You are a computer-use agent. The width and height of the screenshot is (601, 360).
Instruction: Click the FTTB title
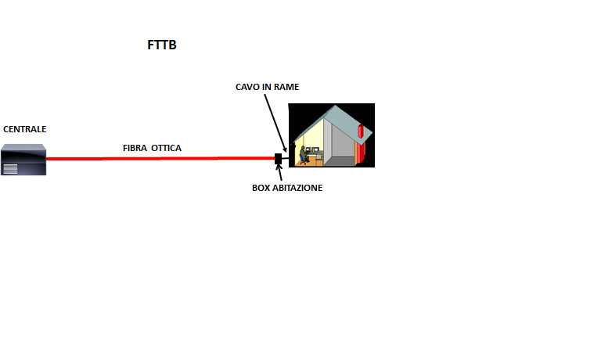coord(162,45)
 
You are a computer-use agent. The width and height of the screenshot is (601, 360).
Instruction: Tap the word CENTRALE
coord(25,129)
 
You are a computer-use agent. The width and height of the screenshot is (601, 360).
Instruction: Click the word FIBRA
coord(135,148)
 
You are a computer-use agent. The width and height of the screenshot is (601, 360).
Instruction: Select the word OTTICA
coord(166,148)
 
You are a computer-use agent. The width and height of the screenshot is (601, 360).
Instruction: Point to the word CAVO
coord(247,87)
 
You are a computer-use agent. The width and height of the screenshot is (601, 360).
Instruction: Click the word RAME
coord(286,87)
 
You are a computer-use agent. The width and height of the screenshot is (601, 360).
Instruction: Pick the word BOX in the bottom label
coord(261,188)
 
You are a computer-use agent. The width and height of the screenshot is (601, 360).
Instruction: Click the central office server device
coord(23,160)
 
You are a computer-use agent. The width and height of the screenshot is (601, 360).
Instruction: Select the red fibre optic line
coord(160,158)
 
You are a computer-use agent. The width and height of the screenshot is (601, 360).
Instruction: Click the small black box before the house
coord(279,159)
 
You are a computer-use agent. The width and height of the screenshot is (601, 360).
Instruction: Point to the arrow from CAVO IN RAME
coord(275,124)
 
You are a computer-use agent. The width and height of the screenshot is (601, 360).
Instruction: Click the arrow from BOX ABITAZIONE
coord(279,172)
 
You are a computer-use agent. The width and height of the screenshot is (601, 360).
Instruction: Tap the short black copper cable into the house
coord(286,158)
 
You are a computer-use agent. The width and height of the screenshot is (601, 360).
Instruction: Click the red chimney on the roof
coord(361,131)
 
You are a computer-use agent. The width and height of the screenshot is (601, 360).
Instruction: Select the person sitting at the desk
coord(304,153)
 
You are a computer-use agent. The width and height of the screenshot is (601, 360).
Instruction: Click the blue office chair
coord(303,160)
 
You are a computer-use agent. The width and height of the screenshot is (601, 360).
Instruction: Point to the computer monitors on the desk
coord(312,150)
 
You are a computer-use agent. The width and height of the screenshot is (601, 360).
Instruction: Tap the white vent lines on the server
coord(10,169)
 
